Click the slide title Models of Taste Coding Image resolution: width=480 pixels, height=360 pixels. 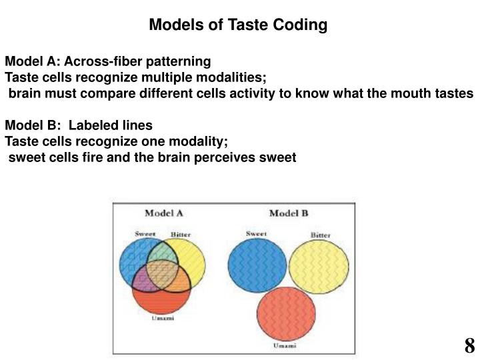click(x=238, y=25)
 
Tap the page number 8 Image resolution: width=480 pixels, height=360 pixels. click(x=469, y=345)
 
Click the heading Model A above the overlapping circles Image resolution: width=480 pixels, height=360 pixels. click(x=164, y=213)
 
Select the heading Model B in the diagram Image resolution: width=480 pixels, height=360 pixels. click(x=288, y=213)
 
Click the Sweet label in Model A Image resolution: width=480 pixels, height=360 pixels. click(x=145, y=234)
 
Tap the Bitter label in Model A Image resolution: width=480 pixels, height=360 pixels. click(x=181, y=235)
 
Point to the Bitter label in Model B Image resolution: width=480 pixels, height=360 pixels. click(x=321, y=235)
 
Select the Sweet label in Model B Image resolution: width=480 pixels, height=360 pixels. click(x=257, y=234)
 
